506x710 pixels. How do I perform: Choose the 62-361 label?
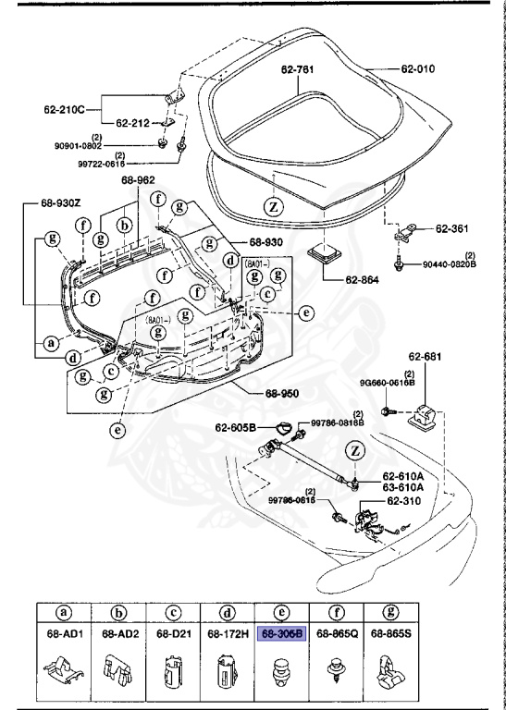[x=454, y=226]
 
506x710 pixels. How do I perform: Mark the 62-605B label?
[x=237, y=428]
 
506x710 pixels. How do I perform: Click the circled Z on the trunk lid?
[x=274, y=205]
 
